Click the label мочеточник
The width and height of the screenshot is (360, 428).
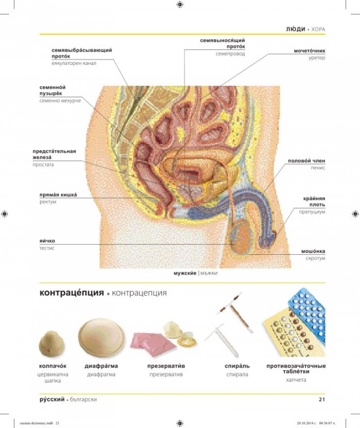310,51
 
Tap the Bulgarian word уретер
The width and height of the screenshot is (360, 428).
317,58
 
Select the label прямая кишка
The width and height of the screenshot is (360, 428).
58,195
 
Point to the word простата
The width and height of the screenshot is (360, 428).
43,165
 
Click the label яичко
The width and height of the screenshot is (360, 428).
47,241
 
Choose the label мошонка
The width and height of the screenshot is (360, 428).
313,251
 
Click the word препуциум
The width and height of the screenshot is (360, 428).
312,212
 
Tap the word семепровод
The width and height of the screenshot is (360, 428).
230,54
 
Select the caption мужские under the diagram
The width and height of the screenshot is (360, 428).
185,273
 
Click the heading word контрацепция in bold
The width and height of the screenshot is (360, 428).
72,293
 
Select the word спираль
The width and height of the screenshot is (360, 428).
237,366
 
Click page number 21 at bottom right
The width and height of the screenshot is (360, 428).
322,399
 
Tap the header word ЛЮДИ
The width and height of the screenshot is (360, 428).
296,29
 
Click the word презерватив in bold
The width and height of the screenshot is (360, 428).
166,366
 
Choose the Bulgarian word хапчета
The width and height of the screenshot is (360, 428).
296,380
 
